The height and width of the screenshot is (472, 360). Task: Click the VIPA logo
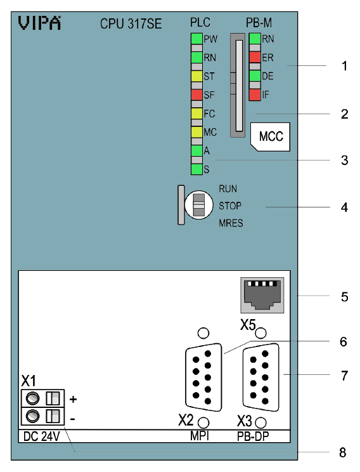click(39, 23)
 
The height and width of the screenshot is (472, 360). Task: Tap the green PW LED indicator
click(196, 39)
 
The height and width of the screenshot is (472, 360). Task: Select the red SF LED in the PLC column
click(196, 95)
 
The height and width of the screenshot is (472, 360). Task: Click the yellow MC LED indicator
click(196, 132)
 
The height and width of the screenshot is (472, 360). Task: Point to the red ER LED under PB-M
click(255, 57)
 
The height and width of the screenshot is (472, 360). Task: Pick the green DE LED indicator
click(255, 76)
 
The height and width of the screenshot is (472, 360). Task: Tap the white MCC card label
click(271, 136)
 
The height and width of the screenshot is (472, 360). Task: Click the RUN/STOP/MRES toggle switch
click(198, 205)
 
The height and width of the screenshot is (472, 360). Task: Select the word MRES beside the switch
click(231, 223)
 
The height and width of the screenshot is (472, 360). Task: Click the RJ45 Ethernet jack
click(262, 295)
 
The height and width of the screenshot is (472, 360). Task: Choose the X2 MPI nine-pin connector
click(203, 377)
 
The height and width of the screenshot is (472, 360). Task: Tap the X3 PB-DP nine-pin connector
click(260, 377)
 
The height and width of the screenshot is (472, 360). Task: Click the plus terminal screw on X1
click(32, 399)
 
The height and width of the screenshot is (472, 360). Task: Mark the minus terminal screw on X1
click(32, 417)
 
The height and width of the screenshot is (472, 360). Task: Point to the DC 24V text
click(41, 436)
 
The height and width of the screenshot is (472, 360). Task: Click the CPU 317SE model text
click(131, 23)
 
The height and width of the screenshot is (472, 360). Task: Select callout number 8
click(343, 452)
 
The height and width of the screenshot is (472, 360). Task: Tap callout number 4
click(344, 207)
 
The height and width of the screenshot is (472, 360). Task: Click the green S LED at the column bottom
click(196, 169)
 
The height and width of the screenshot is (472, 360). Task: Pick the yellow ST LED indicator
click(196, 76)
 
